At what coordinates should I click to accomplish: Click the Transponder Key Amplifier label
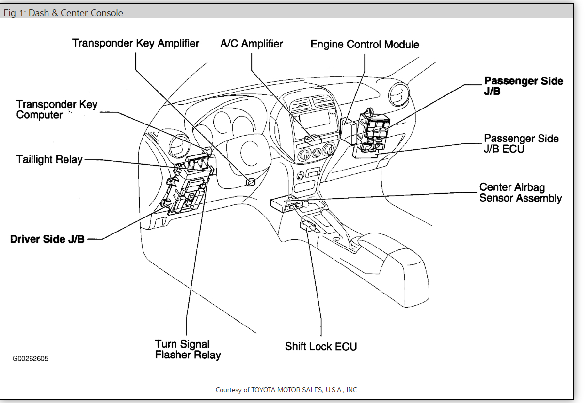(136, 43)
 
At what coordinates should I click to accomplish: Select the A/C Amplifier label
(251, 44)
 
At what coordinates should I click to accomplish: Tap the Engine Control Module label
(365, 45)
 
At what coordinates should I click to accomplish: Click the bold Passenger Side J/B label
(524, 86)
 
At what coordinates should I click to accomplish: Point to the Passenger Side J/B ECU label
(521, 143)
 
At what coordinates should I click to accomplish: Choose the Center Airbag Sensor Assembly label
(520, 192)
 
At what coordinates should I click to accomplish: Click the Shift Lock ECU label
(321, 346)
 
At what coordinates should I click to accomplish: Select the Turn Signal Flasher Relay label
(188, 349)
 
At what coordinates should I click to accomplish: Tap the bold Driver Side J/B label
(48, 239)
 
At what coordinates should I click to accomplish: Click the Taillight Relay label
(49, 159)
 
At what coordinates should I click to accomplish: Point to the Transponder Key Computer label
(57, 109)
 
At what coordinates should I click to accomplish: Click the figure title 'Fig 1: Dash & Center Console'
(64, 13)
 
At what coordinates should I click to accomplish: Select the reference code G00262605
(30, 359)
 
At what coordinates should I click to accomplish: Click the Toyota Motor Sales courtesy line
(287, 390)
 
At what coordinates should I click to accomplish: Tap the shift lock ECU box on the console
(307, 226)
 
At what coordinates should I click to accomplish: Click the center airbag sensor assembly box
(286, 204)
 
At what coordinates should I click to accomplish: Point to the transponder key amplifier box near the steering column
(251, 182)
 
